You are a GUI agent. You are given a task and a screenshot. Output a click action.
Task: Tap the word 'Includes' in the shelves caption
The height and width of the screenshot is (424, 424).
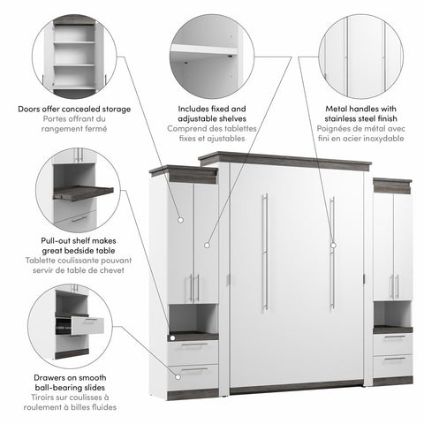coord(192,109)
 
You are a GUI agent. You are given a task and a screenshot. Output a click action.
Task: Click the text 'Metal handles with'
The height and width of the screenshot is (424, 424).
coord(353,109)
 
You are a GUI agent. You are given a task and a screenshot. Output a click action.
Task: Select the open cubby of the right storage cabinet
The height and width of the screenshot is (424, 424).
coord(391,313)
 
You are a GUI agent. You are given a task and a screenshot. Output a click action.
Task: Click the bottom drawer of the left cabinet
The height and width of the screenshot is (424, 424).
coord(193,371)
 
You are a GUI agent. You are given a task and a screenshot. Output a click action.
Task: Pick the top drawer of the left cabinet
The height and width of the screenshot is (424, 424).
coord(193,347)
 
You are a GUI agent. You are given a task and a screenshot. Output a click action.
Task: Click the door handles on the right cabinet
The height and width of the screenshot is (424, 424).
coord(393,284)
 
